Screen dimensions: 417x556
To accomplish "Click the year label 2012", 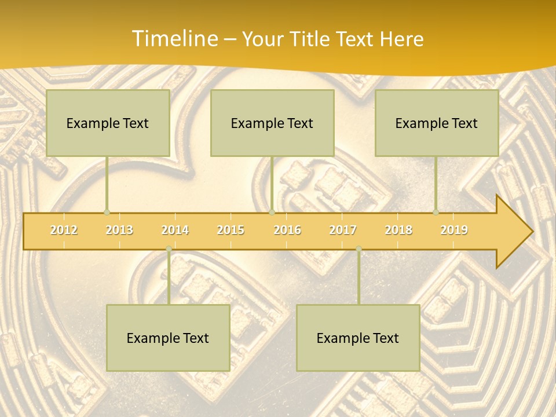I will (x=64, y=230).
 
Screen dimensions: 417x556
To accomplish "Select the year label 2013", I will (x=119, y=230).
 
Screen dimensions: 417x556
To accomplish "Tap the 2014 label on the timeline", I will (x=175, y=230).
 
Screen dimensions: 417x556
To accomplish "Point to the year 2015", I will (x=231, y=230).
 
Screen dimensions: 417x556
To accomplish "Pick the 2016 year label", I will (x=287, y=230).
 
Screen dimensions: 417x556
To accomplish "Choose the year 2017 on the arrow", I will (x=343, y=230).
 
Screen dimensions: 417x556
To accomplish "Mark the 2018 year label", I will (x=398, y=230).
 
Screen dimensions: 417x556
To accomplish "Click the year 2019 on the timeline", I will (x=454, y=230).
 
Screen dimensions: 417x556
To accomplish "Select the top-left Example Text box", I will (x=108, y=123).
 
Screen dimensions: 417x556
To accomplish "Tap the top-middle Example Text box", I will (x=272, y=123).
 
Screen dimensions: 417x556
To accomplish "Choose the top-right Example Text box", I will (x=437, y=123).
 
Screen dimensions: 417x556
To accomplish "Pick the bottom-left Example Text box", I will (x=168, y=338).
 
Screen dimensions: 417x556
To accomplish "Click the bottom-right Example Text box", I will (x=358, y=338).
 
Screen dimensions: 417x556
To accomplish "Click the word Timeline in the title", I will (x=174, y=39).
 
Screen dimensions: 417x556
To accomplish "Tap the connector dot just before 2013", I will (x=107, y=213).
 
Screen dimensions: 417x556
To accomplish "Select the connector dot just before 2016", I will (x=272, y=213).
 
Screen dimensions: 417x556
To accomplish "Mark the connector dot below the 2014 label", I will (x=169, y=249).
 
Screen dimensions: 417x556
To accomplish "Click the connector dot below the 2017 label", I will (x=359, y=249).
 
